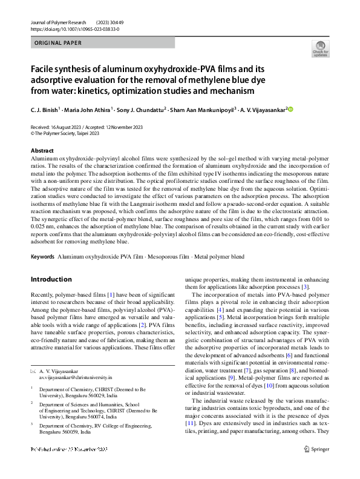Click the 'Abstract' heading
pyautogui.click(x=42, y=150)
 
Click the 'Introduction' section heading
pyautogui.click(x=51, y=279)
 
